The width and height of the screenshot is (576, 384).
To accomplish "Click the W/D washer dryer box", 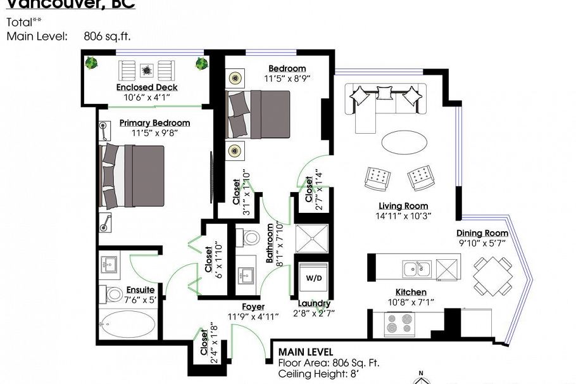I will pos(314,278).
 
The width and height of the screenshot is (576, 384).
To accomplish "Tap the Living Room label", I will pos(403,206).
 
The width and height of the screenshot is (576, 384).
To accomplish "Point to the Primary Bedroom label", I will pos(154,123).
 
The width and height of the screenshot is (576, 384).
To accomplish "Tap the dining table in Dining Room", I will pos(494,276).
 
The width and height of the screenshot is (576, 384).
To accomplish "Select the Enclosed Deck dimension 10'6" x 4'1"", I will pos(147,98).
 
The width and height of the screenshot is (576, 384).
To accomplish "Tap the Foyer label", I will pos(253,307).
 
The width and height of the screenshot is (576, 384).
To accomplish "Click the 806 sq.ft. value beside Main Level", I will pos(107,37).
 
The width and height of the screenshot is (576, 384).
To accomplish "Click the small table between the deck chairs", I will pos(147,69).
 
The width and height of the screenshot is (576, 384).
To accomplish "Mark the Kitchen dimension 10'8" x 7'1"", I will pos(411,302).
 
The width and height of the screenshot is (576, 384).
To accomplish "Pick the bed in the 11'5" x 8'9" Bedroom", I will pos(260,114).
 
